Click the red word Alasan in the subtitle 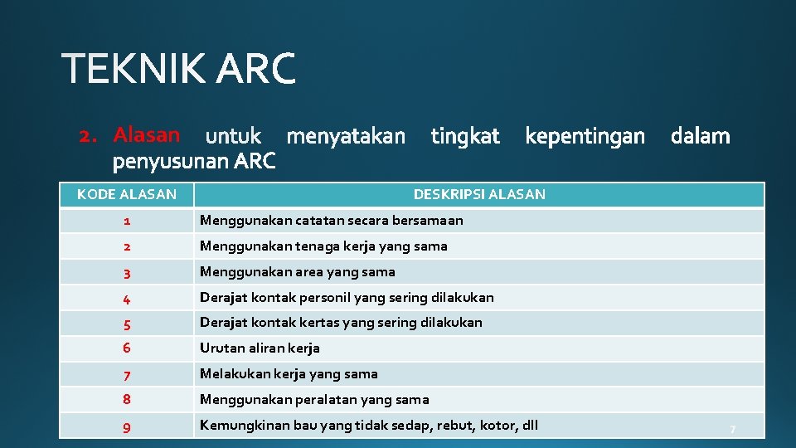[146, 134]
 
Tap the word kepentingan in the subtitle [585, 136]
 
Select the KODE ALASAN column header [127, 195]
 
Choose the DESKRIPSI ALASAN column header [479, 195]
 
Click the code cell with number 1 [126, 222]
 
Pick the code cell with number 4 [126, 298]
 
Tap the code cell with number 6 [126, 348]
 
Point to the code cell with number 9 [126, 426]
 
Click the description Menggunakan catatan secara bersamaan [331, 221]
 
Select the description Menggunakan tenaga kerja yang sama [323, 246]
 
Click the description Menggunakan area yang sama [297, 272]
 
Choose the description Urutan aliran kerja [260, 348]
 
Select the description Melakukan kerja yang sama [289, 374]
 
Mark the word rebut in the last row [460, 426]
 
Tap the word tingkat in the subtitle [465, 136]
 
